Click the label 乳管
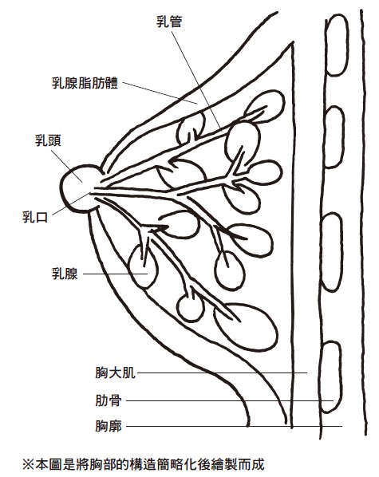click(169, 22)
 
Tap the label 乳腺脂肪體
click(85, 83)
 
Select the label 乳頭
click(48, 140)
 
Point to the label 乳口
click(35, 217)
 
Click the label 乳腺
click(65, 274)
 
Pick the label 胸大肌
click(115, 373)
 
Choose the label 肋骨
click(109, 400)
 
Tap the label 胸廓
click(109, 426)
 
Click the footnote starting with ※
click(144, 464)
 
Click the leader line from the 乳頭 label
click(67, 166)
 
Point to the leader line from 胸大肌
click(222, 373)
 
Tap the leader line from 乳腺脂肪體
click(160, 93)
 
